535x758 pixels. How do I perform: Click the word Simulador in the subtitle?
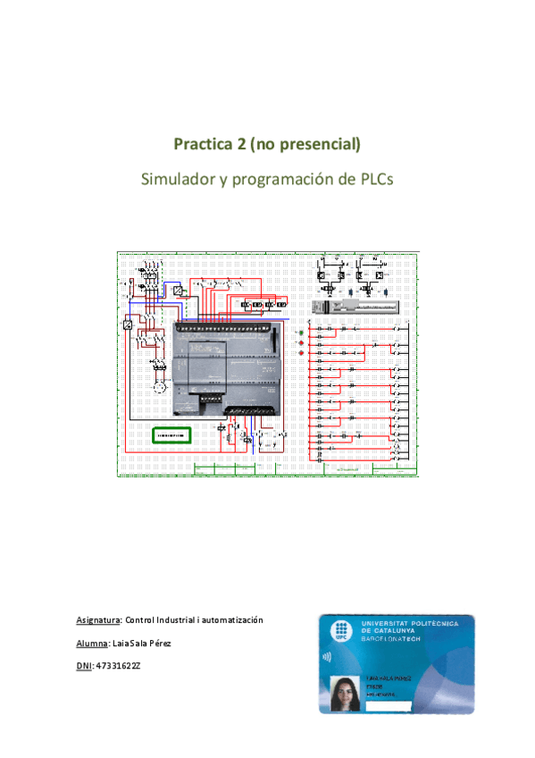click(179, 179)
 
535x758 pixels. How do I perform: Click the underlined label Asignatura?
click(97, 619)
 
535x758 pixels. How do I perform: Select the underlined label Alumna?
click(92, 643)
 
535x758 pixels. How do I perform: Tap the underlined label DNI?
click(85, 666)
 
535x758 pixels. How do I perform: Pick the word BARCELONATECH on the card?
click(394, 640)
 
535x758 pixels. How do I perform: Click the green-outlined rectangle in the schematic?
click(171, 435)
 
